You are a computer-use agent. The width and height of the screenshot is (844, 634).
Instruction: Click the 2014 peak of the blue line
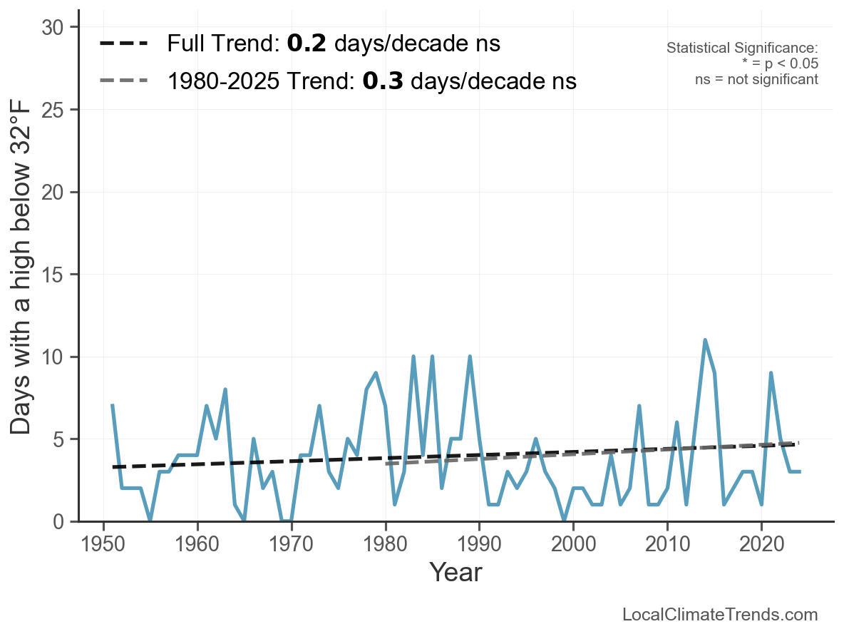[705, 340]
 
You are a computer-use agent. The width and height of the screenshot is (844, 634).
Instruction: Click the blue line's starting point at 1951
[113, 406]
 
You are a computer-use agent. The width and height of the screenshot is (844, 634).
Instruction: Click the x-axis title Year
[456, 573]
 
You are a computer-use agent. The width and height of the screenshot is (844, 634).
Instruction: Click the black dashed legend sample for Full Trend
[124, 44]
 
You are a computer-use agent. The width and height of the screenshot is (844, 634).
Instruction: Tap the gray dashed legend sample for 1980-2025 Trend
[124, 81]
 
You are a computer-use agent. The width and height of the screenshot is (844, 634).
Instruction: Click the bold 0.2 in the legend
[307, 44]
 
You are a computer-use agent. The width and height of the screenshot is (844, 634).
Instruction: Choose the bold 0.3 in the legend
[382, 81]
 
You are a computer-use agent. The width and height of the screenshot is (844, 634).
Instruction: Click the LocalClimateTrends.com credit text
[720, 615]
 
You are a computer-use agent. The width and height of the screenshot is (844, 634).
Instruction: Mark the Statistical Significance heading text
[742, 48]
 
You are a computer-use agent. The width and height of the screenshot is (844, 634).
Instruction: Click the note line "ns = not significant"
[756, 79]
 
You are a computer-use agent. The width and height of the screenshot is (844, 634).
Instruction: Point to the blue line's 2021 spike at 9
[771, 373]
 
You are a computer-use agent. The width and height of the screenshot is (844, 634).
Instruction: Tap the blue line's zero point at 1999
[565, 521]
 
